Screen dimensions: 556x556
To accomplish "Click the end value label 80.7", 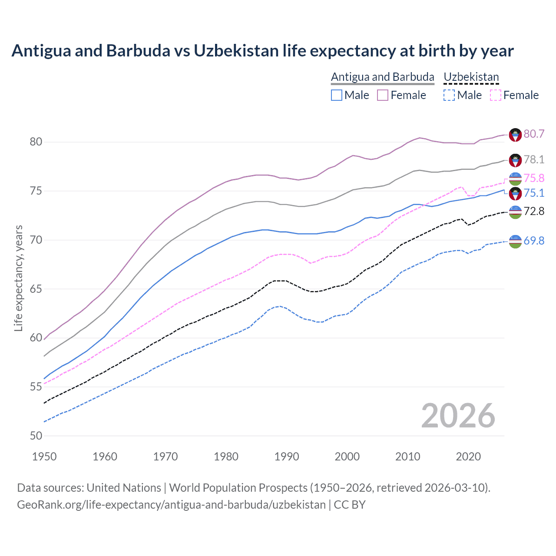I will tap(534, 134).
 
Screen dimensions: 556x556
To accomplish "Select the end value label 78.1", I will tap(534, 159).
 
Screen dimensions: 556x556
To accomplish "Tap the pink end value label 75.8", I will tap(534, 178).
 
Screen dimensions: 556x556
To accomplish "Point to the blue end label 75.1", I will tap(534, 193).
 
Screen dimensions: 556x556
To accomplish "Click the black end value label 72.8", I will tap(534, 212).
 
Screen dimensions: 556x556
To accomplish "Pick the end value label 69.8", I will tap(534, 241).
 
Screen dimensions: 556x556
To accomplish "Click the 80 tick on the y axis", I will tap(36, 142).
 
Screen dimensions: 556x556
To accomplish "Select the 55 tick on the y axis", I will tap(36, 387).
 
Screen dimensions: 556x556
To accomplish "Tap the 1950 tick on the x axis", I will tap(44, 457).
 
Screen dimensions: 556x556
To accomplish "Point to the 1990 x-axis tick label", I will tap(287, 457).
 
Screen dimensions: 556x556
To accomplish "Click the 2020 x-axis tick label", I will tap(468, 457).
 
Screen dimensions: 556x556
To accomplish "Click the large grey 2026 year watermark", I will tap(458, 416).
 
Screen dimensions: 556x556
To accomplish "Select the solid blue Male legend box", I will tap(337, 95).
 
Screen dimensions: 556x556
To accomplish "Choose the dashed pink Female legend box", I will tap(496, 95).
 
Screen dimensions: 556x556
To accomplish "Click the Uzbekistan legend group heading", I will tap(471, 77).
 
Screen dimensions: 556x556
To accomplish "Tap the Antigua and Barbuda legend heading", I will tap(383, 77).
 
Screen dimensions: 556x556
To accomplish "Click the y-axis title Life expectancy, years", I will tap(18, 278).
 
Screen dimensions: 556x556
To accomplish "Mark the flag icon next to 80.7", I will tap(515, 135).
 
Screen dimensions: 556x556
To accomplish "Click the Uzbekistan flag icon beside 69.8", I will tap(515, 241).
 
